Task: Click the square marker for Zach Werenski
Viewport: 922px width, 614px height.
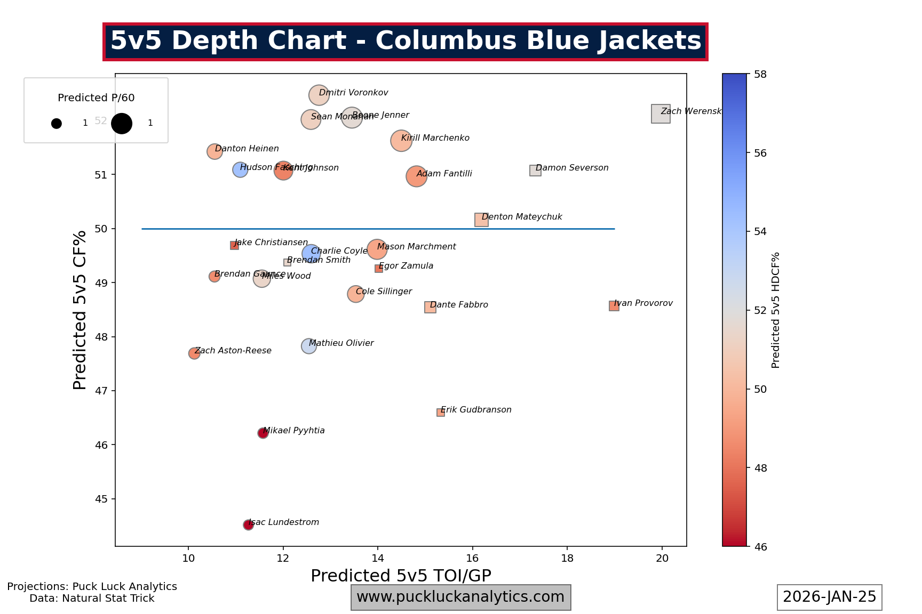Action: click(x=661, y=114)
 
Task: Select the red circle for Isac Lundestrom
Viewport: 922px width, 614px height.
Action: click(x=248, y=525)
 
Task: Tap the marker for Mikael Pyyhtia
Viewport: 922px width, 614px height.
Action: click(x=263, y=433)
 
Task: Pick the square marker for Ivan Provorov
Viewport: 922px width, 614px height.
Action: click(x=614, y=306)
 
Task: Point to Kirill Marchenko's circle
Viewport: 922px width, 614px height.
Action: click(x=401, y=141)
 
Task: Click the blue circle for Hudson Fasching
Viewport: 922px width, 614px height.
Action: click(x=240, y=169)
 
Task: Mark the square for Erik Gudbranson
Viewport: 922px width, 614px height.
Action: click(x=441, y=413)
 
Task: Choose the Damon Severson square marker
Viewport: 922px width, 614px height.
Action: click(x=535, y=171)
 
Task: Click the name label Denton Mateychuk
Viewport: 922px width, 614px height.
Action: click(x=522, y=217)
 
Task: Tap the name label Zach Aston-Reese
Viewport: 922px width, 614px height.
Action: click(x=233, y=351)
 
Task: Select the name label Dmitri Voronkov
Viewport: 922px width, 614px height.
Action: click(x=353, y=93)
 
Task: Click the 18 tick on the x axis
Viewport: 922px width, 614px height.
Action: click(x=567, y=558)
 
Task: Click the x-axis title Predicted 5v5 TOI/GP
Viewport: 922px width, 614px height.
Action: click(x=401, y=576)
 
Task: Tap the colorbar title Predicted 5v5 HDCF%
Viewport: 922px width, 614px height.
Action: click(x=776, y=310)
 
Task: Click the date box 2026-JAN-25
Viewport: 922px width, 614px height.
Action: click(x=829, y=597)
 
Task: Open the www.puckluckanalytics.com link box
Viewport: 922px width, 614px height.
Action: click(x=460, y=597)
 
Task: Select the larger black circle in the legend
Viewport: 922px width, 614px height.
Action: click(x=122, y=124)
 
